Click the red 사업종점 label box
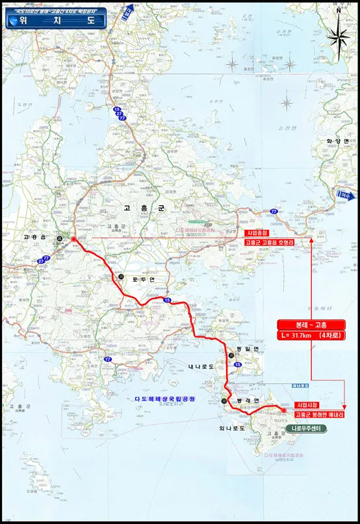[258, 232]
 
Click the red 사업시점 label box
[307, 405]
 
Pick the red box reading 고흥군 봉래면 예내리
[318, 414]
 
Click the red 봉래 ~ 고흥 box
[311, 325]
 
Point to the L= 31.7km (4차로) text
[311, 336]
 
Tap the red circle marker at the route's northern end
[73, 240]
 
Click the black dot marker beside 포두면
[121, 277]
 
